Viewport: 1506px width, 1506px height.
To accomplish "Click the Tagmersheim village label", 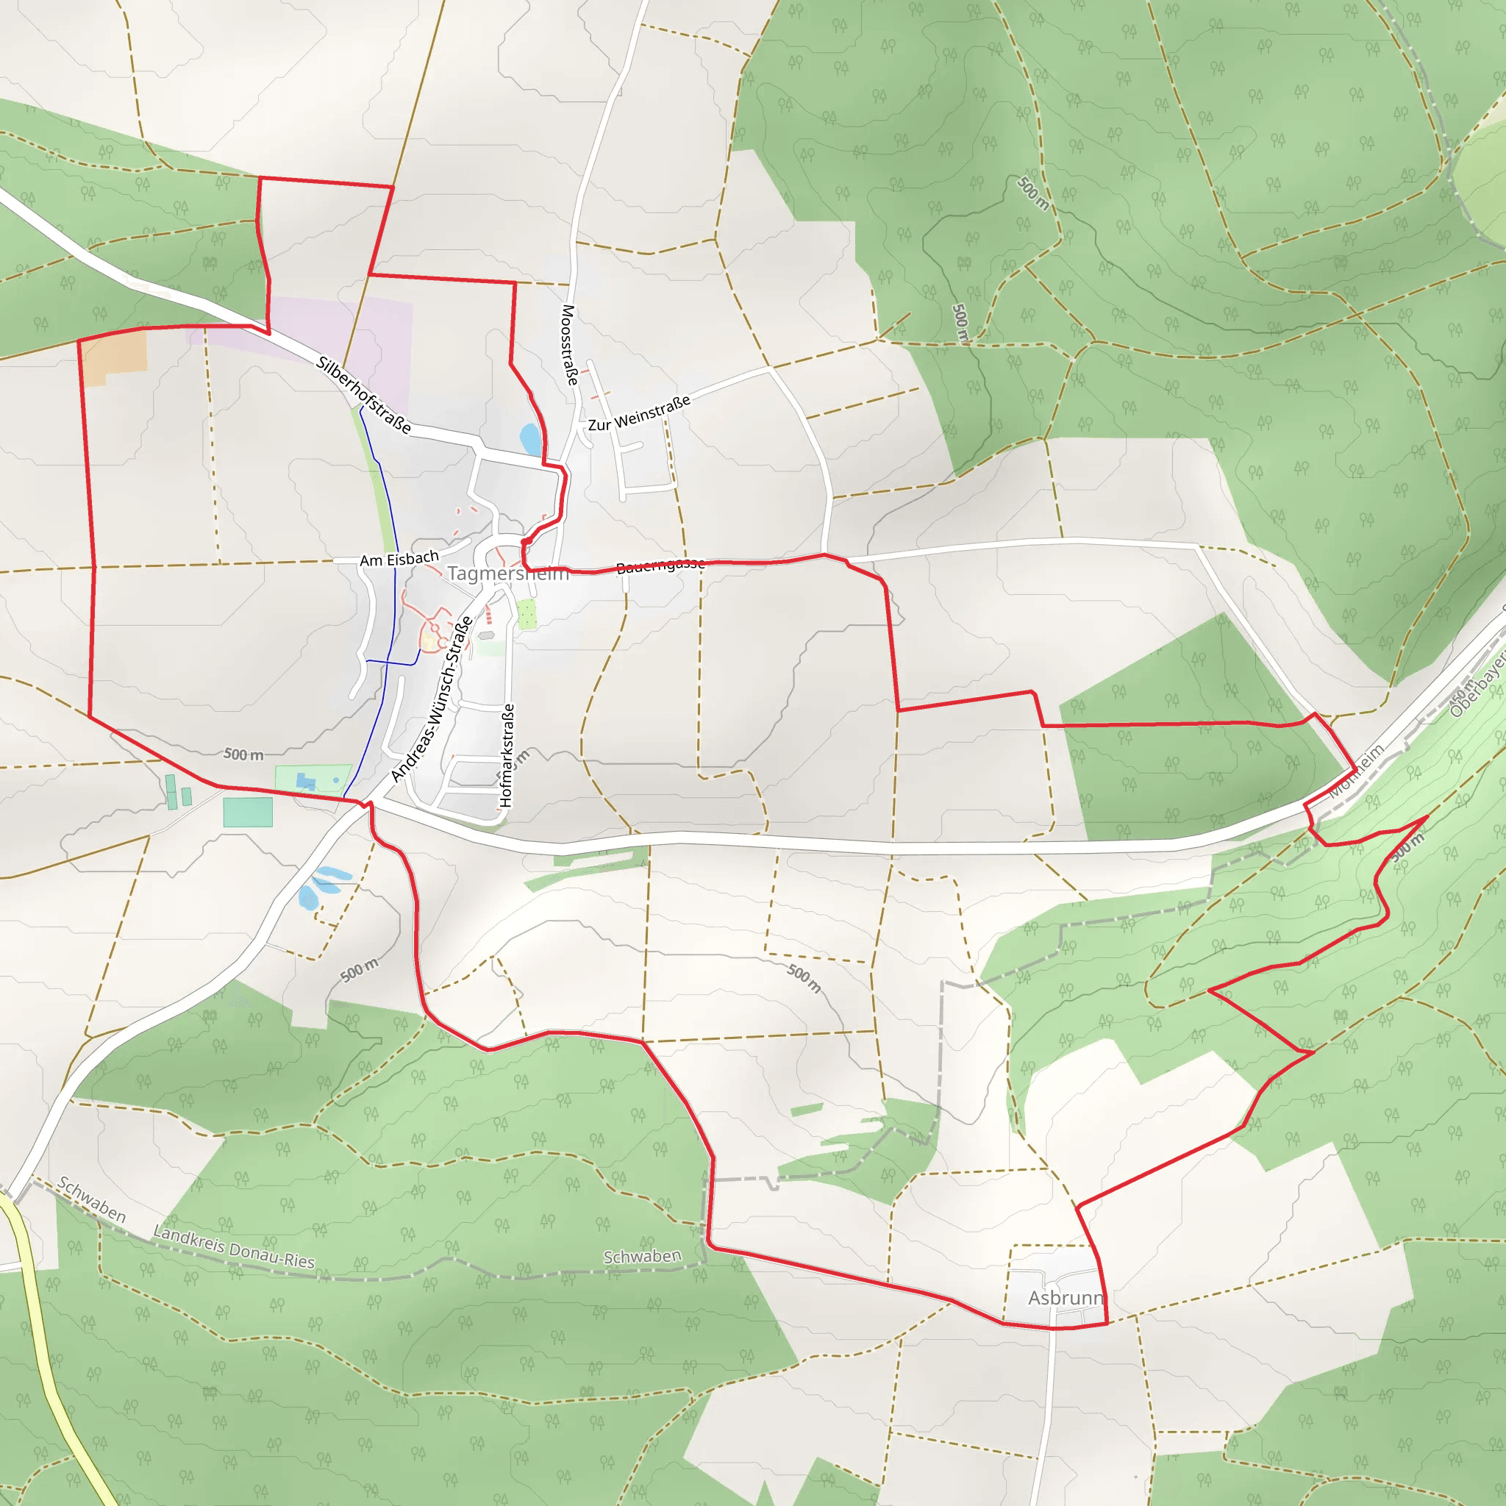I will point(507,574).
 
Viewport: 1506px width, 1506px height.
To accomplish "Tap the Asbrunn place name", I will point(1065,1297).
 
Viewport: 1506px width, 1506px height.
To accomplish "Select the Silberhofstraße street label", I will point(363,394).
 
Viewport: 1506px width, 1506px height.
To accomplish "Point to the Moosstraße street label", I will point(569,345).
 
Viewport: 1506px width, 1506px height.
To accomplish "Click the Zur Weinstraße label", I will point(639,413).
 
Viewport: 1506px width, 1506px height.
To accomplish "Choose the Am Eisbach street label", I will point(399,559).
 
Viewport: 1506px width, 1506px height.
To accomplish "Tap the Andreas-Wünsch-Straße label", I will point(432,699).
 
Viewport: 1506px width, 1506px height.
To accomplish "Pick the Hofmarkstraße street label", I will point(507,754).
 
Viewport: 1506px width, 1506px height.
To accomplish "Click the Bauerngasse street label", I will point(660,566).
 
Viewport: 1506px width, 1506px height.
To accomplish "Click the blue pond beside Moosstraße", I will point(531,439).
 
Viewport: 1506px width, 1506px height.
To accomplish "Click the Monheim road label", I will point(1357,770).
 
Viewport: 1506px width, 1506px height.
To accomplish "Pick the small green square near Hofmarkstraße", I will point(527,613).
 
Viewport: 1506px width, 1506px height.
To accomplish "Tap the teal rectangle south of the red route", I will point(248,812).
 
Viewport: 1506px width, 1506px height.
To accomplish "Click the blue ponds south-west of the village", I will point(321,886).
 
